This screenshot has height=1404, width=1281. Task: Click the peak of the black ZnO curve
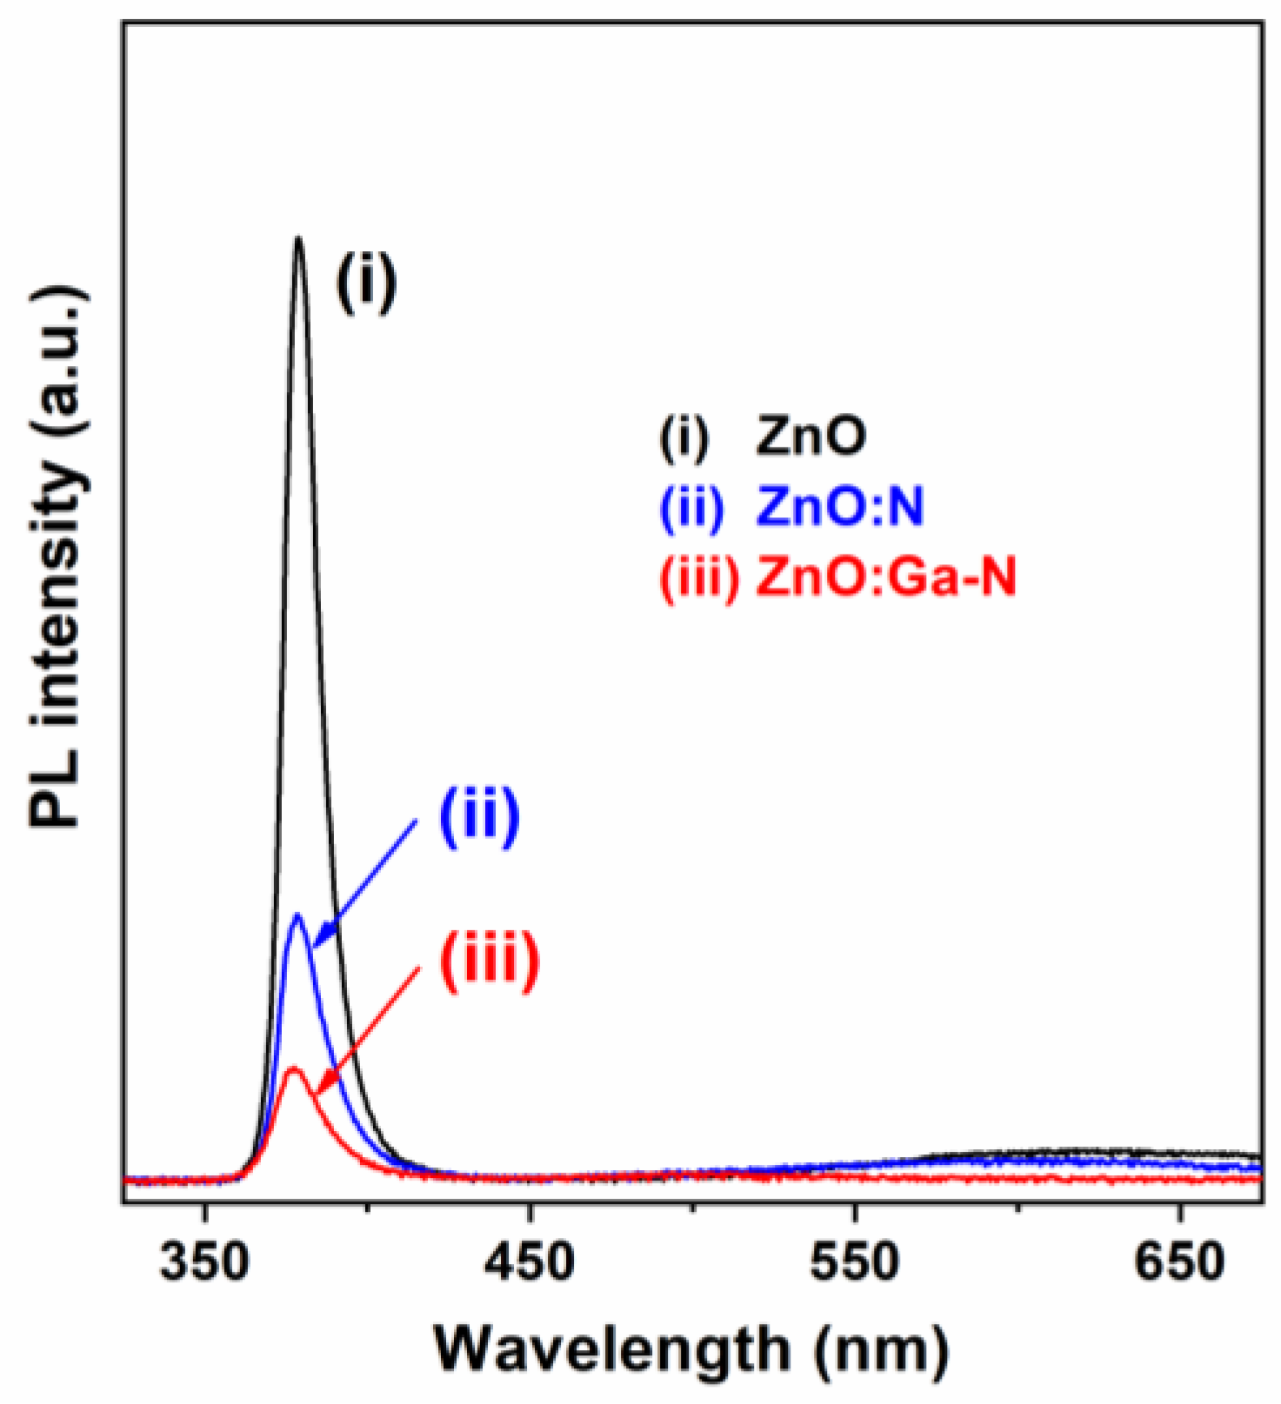298,239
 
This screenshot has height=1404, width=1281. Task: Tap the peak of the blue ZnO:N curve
298,915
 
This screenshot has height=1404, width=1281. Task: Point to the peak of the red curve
293,1068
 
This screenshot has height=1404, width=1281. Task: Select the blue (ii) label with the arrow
479,816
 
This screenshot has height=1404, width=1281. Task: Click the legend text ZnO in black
811,436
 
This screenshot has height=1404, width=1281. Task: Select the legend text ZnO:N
839,507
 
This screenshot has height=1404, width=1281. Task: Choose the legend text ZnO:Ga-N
885,576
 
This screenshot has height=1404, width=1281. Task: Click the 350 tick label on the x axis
204,1262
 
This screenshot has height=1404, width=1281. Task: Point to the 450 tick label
530,1262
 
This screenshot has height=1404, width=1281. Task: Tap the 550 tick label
855,1262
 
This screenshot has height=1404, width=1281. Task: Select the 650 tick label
1179,1262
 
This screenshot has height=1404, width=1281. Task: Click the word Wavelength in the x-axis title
612,1349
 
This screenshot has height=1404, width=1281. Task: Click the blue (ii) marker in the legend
691,508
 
